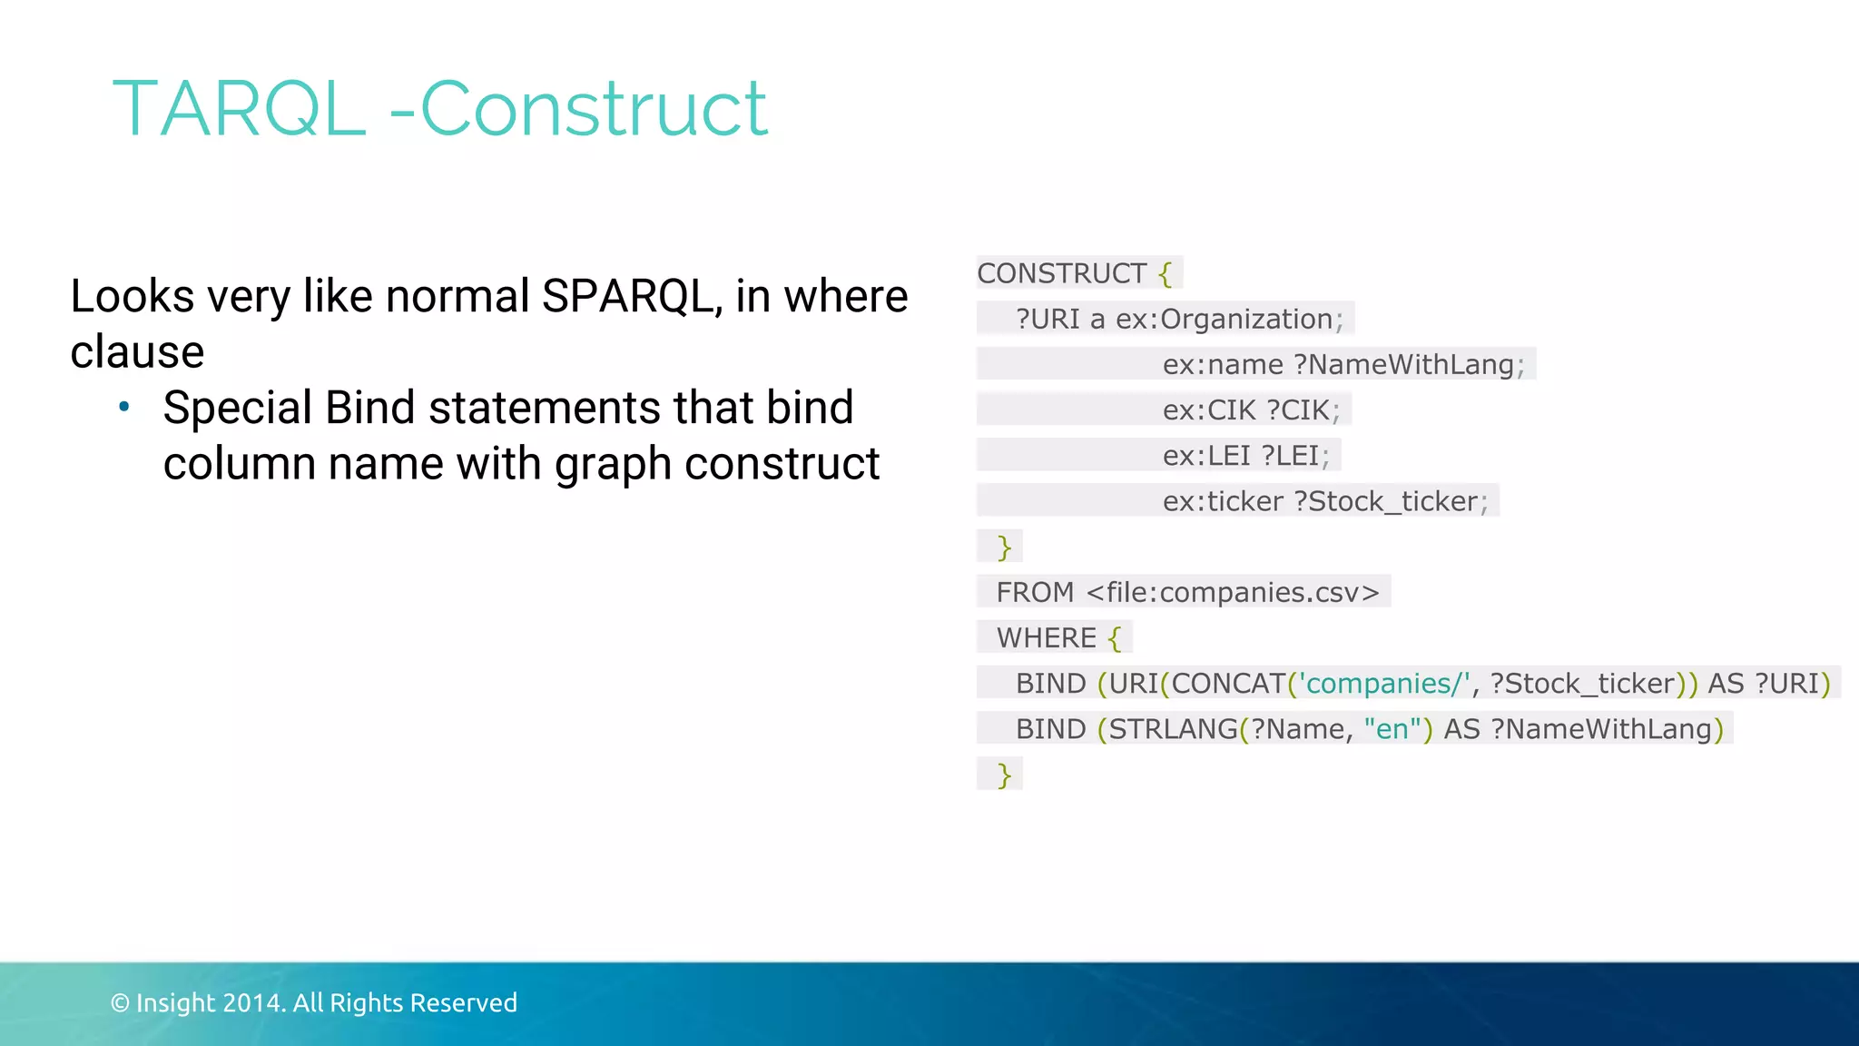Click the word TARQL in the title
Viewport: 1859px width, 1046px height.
pyautogui.click(x=239, y=109)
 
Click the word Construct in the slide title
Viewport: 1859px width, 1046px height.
pyautogui.click(x=594, y=109)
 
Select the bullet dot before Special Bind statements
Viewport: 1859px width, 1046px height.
pyautogui.click(x=124, y=407)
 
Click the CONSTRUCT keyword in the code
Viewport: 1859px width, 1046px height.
pyautogui.click(x=1061, y=273)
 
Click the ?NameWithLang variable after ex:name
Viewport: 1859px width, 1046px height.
pyautogui.click(x=1404, y=364)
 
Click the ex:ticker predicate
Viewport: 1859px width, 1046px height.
pyautogui.click(x=1223, y=501)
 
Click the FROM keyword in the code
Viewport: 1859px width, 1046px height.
pyautogui.click(x=1035, y=592)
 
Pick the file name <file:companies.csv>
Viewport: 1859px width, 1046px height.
pyautogui.click(x=1233, y=592)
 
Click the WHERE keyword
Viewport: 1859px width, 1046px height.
pyautogui.click(x=1047, y=637)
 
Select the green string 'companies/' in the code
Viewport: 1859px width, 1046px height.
pyautogui.click(x=1385, y=683)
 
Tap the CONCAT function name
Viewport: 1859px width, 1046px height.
pyautogui.click(x=1228, y=683)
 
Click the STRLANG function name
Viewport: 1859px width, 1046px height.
pyautogui.click(x=1173, y=729)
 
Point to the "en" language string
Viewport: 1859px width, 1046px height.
pyautogui.click(x=1392, y=729)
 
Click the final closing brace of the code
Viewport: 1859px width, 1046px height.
pyautogui.click(x=1004, y=775)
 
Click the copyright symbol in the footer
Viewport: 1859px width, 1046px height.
pyautogui.click(x=120, y=1002)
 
